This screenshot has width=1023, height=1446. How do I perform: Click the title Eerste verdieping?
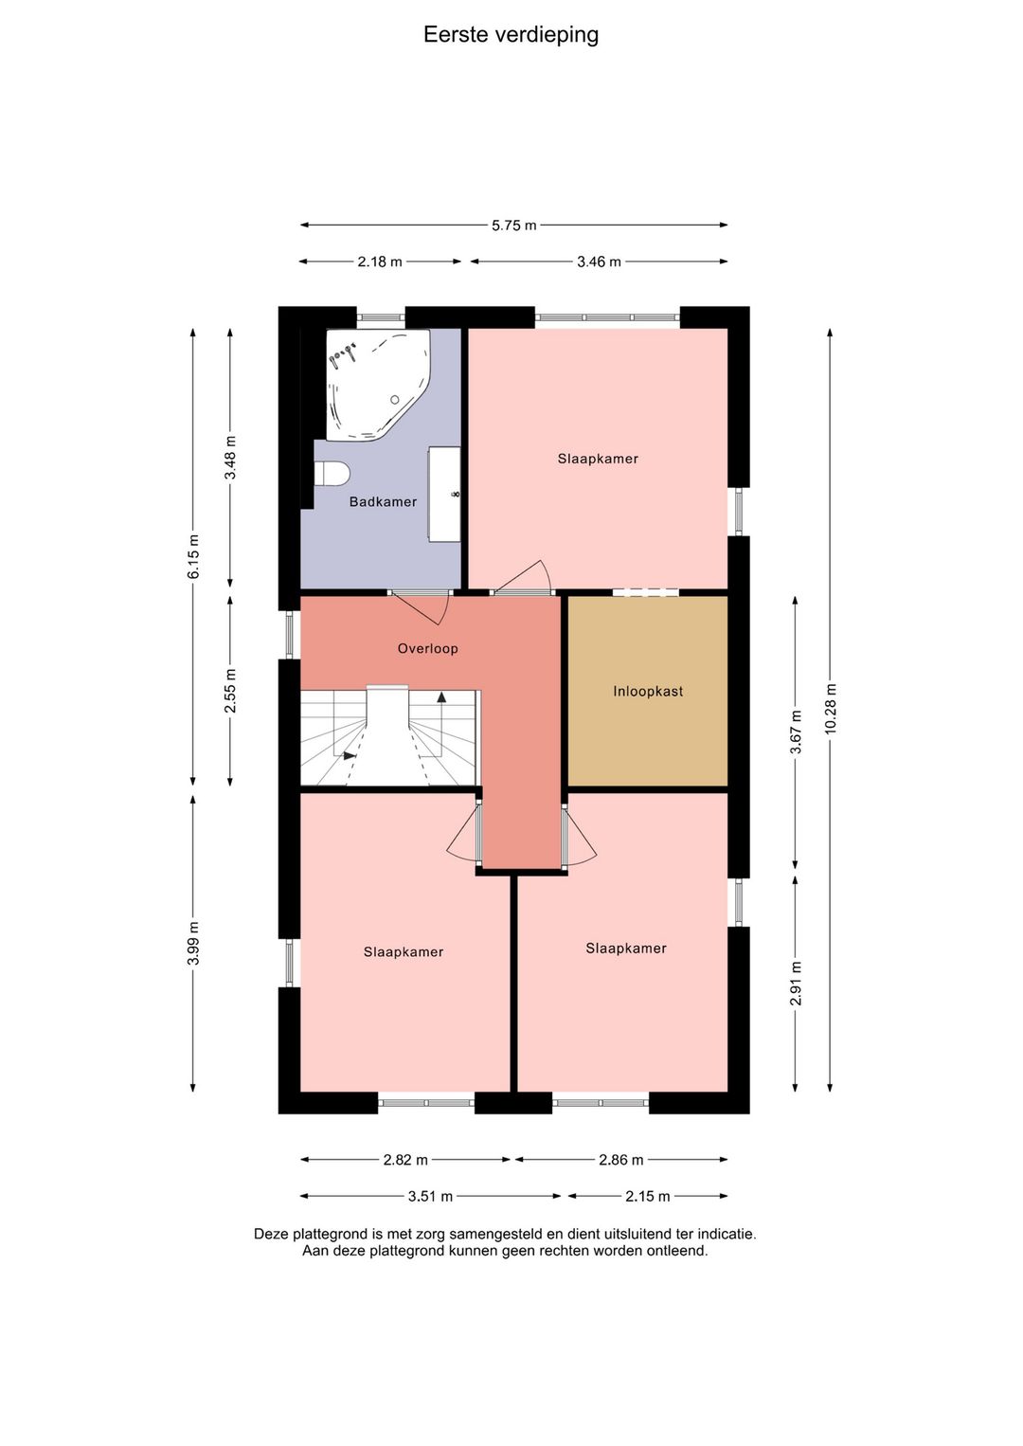pyautogui.click(x=511, y=35)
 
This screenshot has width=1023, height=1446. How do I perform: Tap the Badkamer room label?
pyautogui.click(x=383, y=501)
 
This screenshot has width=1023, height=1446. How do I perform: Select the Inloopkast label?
pyautogui.click(x=648, y=692)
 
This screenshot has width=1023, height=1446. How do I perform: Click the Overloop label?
pyautogui.click(x=427, y=649)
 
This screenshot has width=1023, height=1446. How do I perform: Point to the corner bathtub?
pyautogui.click(x=378, y=385)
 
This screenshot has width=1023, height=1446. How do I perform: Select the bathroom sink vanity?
pyautogui.click(x=444, y=494)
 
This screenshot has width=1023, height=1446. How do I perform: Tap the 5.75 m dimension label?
pyautogui.click(x=513, y=226)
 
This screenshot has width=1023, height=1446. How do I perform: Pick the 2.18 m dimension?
pyautogui.click(x=380, y=262)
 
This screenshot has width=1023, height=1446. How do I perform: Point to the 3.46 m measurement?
pyautogui.click(x=599, y=262)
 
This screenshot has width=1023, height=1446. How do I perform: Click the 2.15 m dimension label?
pyautogui.click(x=647, y=1196)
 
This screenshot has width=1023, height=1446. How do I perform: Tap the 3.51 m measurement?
pyautogui.click(x=430, y=1196)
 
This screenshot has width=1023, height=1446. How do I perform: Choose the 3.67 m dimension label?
pyautogui.click(x=796, y=732)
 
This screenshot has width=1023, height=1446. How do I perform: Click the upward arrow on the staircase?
pyautogui.click(x=441, y=697)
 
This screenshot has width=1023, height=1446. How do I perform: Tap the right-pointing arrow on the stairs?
pyautogui.click(x=350, y=755)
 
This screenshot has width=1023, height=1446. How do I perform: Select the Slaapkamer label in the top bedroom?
pyautogui.click(x=598, y=459)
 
